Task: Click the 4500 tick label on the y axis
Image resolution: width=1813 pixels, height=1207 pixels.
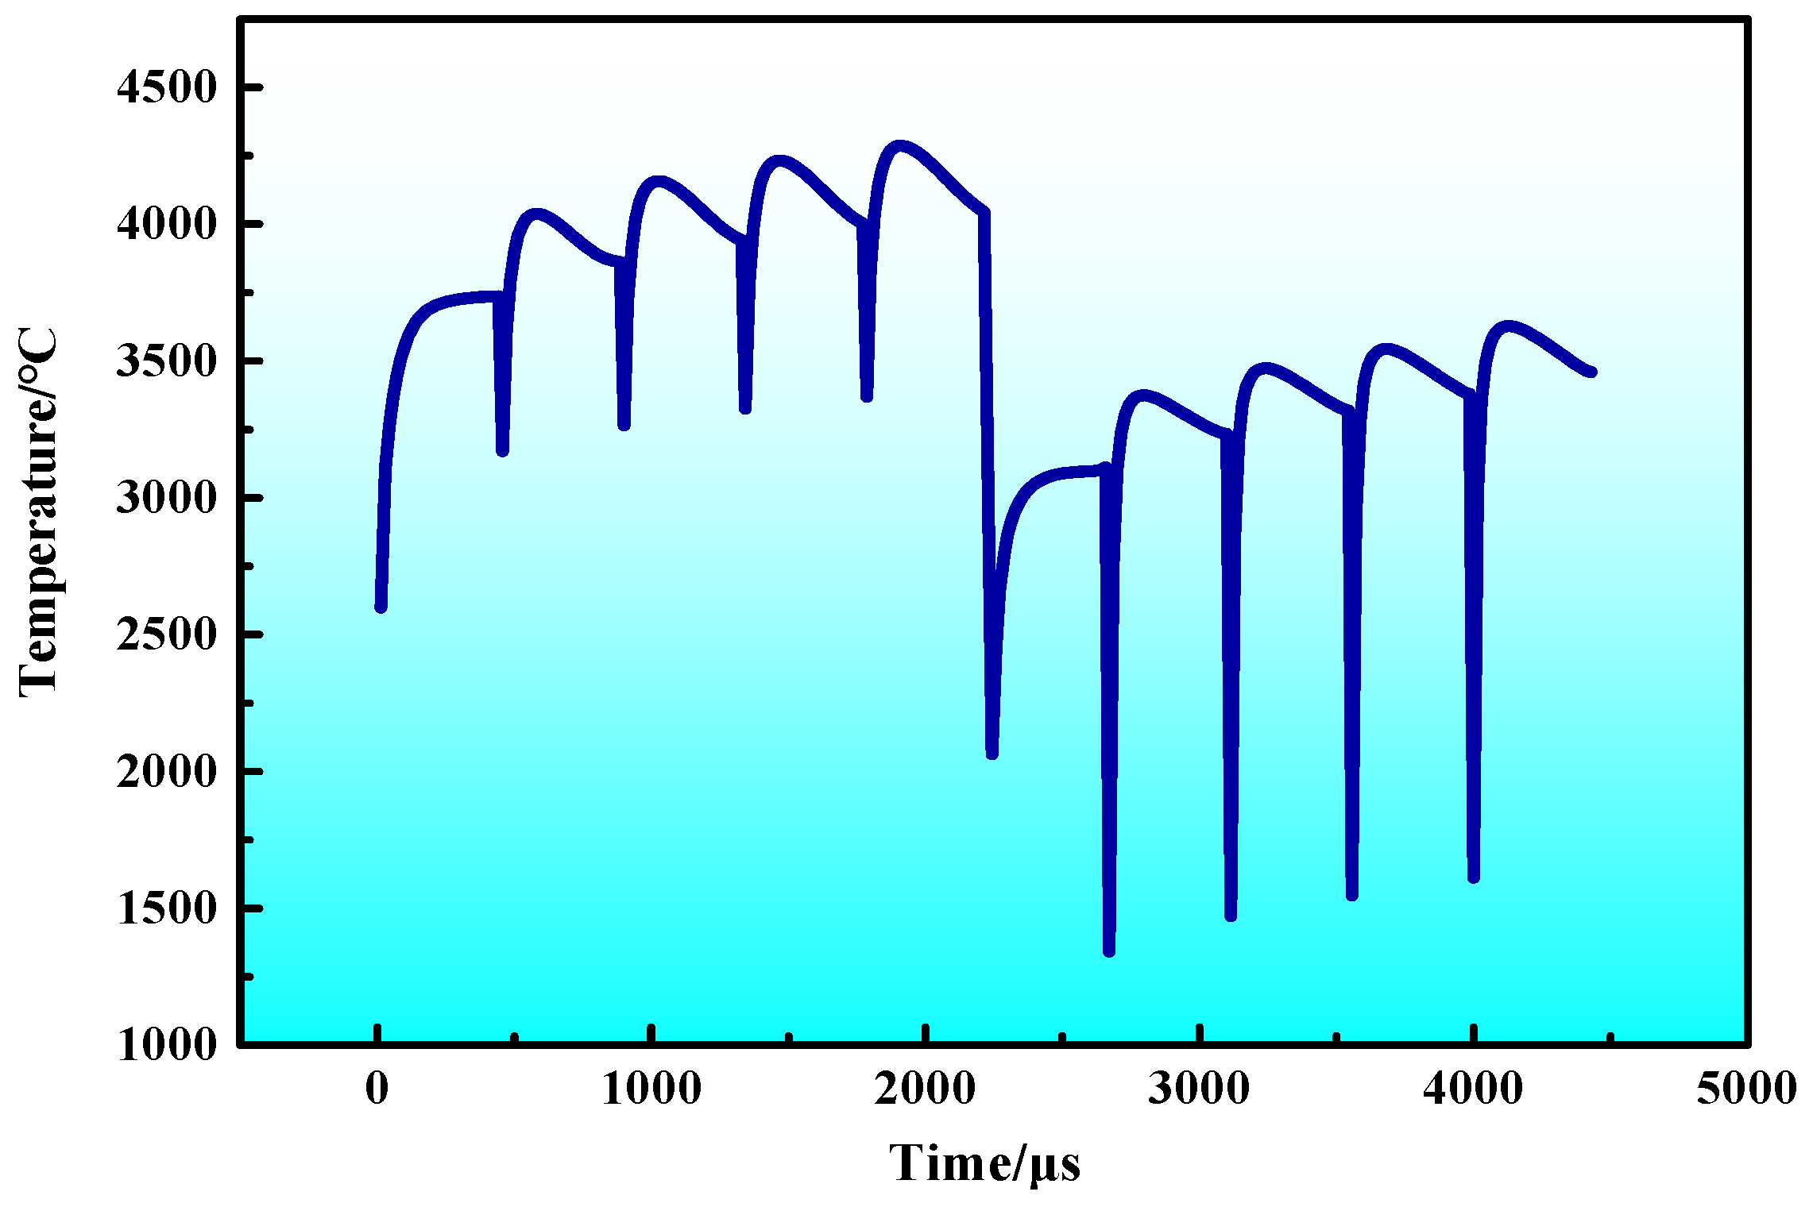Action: click(x=166, y=87)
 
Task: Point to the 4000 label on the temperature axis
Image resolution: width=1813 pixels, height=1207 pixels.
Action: click(x=166, y=225)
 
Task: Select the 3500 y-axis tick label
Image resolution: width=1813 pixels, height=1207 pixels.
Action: click(x=166, y=361)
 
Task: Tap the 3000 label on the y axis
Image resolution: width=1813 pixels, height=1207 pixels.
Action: click(x=166, y=498)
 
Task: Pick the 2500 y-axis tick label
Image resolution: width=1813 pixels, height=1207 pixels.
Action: click(x=166, y=634)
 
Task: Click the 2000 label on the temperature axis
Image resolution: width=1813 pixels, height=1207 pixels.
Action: click(x=166, y=771)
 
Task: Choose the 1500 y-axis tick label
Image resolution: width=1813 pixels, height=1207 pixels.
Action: click(x=166, y=908)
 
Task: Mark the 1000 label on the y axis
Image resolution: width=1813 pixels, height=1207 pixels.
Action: click(x=166, y=1045)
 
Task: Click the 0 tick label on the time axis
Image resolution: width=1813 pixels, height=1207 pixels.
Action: click(x=377, y=1088)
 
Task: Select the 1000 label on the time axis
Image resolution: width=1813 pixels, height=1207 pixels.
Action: click(x=651, y=1088)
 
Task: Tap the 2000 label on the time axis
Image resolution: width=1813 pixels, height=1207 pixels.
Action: click(x=926, y=1088)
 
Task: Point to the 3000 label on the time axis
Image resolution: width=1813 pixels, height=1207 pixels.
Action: click(x=1199, y=1088)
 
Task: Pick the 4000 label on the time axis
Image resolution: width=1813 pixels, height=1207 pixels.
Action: click(x=1473, y=1088)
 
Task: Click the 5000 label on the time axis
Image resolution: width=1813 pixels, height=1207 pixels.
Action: click(x=1746, y=1088)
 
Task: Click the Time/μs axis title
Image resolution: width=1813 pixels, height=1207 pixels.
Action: click(x=984, y=1164)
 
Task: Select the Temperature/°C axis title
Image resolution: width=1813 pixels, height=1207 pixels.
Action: click(x=38, y=512)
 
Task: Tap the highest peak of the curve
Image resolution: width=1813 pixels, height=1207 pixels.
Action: click(x=899, y=147)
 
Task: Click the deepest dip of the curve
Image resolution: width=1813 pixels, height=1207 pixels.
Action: click(x=1109, y=951)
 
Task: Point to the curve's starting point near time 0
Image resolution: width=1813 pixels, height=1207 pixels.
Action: click(x=381, y=607)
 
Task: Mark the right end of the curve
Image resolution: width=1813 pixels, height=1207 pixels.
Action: click(x=1591, y=372)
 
